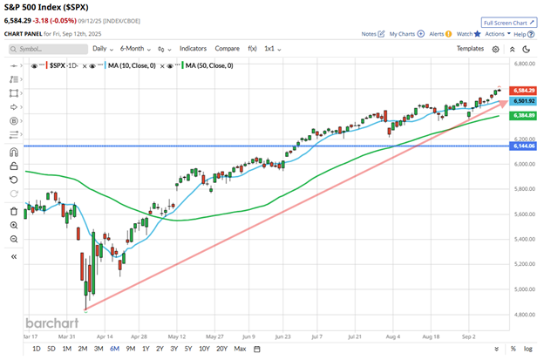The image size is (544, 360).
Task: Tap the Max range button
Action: [241, 350]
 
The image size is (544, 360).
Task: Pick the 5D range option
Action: [51, 350]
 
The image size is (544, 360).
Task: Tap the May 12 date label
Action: [177, 334]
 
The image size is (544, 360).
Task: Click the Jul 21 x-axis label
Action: [355, 334]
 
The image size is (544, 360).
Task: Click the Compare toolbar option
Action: [228, 49]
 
